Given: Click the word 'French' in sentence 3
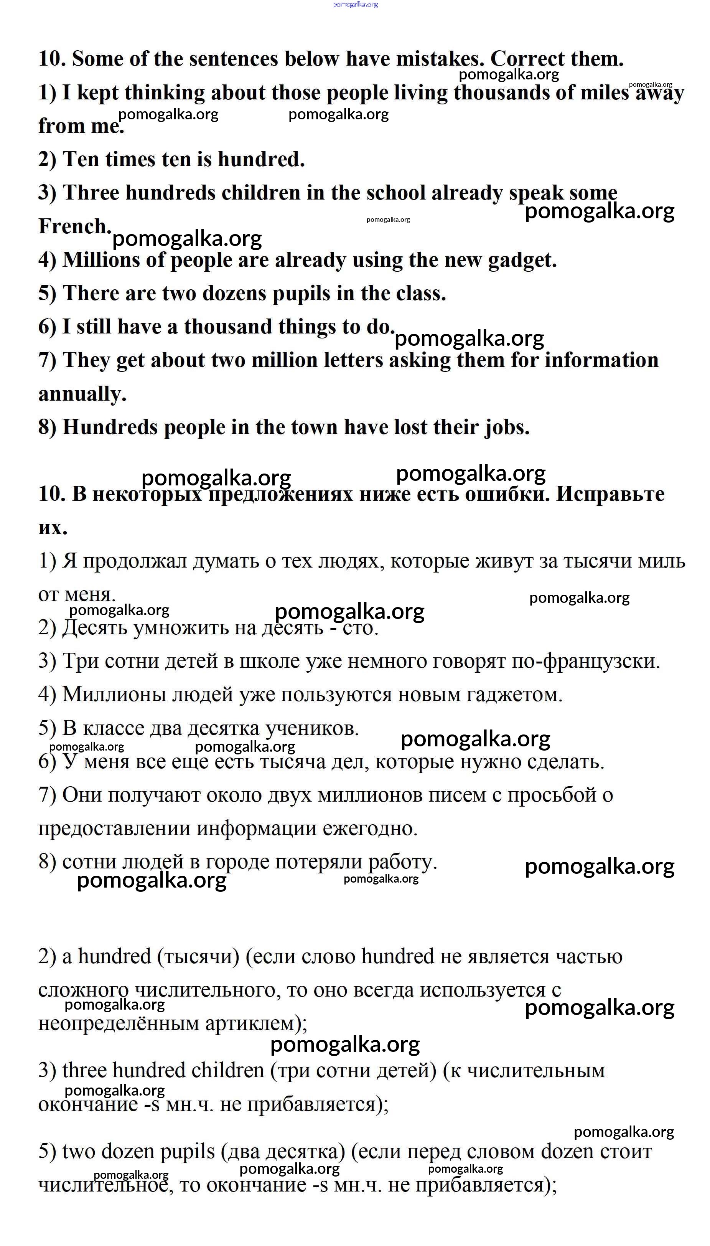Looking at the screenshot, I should click(74, 226).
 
